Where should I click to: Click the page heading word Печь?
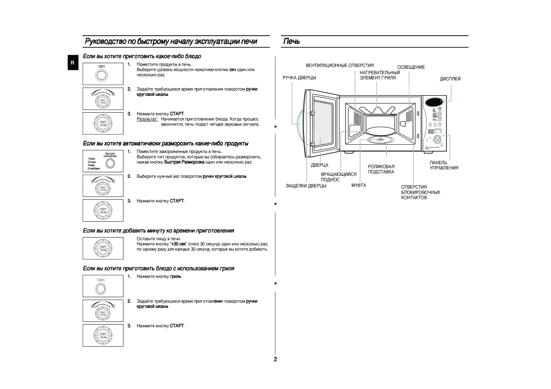292,41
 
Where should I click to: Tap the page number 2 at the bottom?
275,359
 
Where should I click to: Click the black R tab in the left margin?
72,63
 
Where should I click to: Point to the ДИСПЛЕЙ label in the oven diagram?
450,79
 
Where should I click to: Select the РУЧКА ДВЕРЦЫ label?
297,77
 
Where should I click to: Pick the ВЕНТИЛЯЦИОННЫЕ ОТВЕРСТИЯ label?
340,65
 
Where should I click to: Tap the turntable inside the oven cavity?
381,139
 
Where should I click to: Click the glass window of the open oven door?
321,122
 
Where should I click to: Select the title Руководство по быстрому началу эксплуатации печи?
170,42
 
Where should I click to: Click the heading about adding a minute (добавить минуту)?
158,231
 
